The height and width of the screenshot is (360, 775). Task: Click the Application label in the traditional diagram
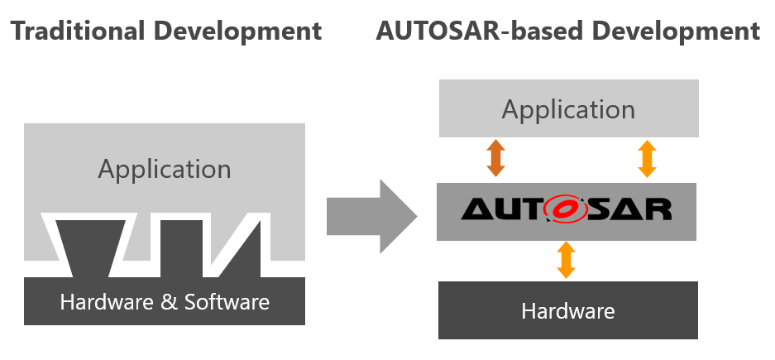click(165, 170)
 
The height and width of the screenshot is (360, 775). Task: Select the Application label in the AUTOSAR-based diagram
click(568, 109)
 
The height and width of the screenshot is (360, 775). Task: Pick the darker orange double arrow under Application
click(495, 158)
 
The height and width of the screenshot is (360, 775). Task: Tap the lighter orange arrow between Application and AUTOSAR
click(647, 158)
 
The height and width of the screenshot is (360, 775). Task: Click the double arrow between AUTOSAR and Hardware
click(566, 260)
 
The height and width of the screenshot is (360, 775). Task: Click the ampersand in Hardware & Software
click(170, 301)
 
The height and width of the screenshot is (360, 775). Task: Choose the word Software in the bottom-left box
click(225, 301)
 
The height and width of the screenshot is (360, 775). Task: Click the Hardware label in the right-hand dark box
click(567, 311)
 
